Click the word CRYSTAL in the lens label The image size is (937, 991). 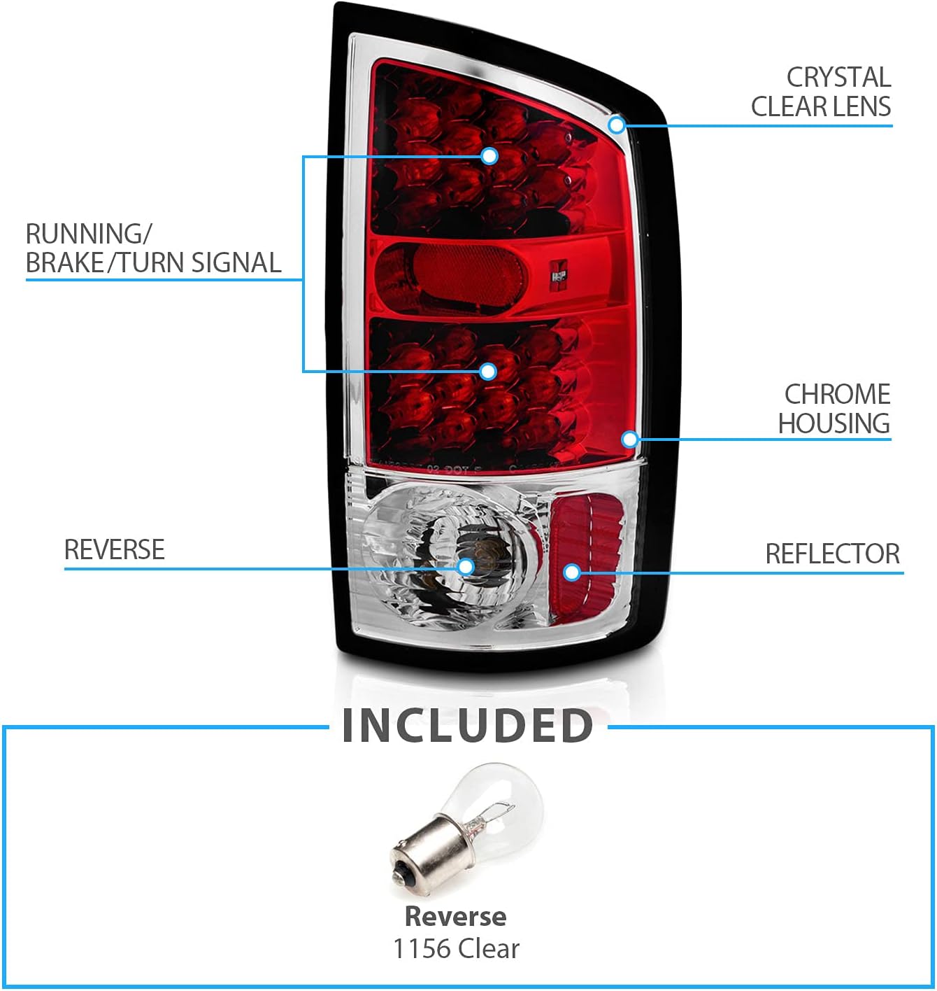tap(838, 77)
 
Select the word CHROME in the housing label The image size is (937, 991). tap(837, 395)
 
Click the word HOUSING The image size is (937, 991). tap(834, 424)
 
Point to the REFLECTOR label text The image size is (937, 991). tap(832, 554)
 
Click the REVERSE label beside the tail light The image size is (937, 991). tap(114, 550)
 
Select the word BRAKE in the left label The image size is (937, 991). tap(64, 263)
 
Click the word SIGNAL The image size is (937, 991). tap(236, 263)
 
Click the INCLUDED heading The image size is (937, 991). tap(468, 726)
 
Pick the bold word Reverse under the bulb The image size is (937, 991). tap(455, 916)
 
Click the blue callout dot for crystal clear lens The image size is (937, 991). tap(616, 125)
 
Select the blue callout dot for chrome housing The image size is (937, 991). tap(629, 439)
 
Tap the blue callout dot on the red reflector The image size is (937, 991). tap(572, 572)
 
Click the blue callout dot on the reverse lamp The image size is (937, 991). tap(466, 567)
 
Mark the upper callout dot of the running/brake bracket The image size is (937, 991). tap(489, 155)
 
